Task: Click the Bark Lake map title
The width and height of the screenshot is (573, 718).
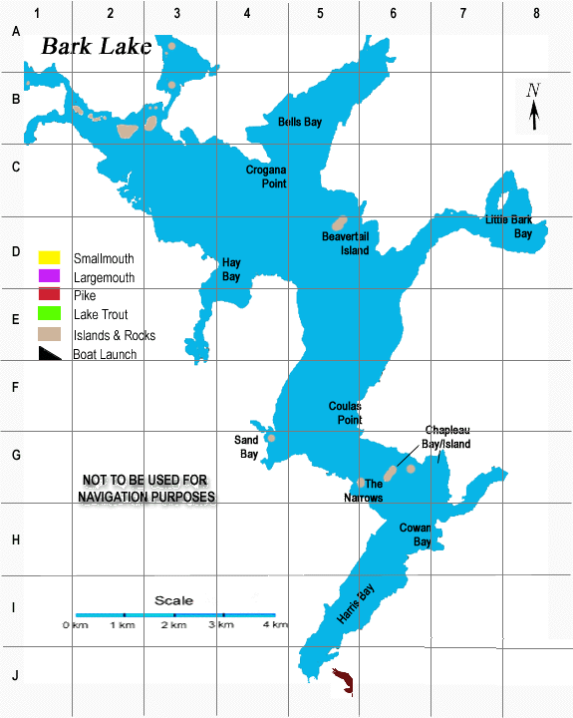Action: click(x=97, y=47)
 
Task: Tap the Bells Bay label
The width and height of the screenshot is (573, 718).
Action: click(x=300, y=122)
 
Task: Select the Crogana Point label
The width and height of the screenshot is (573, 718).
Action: click(x=266, y=177)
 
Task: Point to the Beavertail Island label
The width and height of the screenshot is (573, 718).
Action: click(x=345, y=244)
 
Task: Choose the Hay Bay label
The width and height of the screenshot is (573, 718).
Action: click(x=231, y=269)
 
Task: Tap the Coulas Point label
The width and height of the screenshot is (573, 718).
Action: click(x=345, y=413)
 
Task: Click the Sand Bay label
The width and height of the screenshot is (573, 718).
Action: click(x=246, y=447)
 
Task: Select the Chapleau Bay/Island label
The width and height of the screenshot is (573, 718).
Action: click(x=446, y=437)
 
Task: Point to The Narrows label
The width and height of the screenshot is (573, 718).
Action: click(x=363, y=490)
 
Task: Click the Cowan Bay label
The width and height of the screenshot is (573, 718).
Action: click(x=415, y=535)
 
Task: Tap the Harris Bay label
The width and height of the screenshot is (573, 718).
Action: click(x=355, y=603)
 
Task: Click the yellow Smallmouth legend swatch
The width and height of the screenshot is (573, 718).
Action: click(x=50, y=259)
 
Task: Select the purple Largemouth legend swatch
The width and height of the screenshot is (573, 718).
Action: click(x=50, y=277)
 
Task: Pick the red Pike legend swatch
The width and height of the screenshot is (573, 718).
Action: click(x=50, y=295)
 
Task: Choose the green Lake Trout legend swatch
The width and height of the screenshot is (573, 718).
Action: click(x=50, y=315)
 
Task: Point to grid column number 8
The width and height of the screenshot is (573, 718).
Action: click(x=536, y=13)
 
